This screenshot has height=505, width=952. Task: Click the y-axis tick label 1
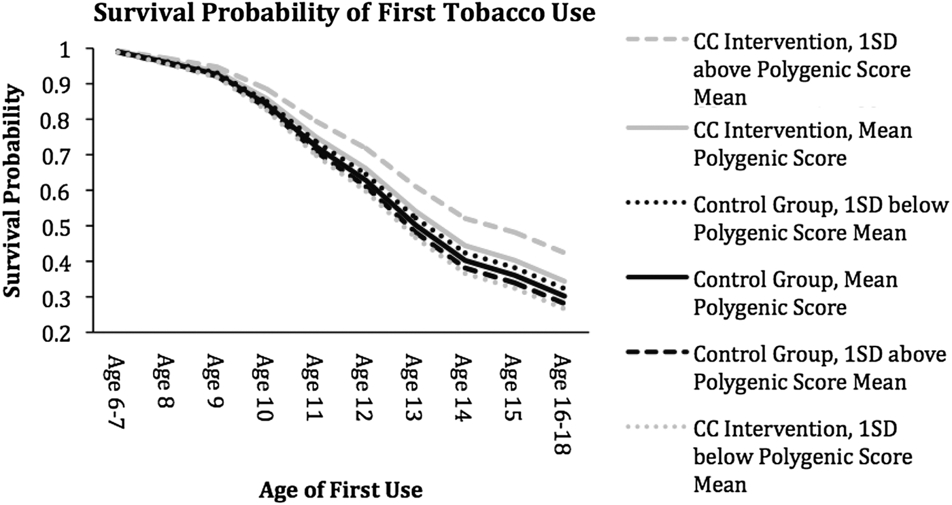tap(68, 49)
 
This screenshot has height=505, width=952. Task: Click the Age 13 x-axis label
tap(411, 387)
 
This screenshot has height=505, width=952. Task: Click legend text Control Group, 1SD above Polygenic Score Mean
tap(819, 368)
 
